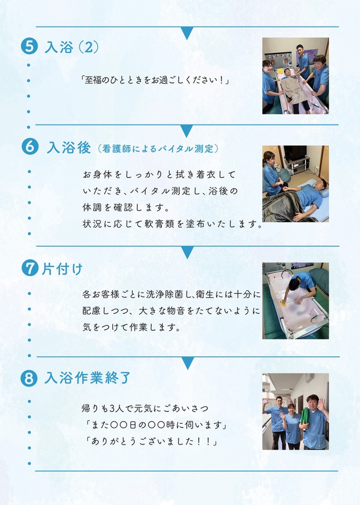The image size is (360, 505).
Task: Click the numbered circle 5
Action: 29,46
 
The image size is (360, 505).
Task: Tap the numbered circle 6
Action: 30,146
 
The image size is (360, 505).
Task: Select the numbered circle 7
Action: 30,268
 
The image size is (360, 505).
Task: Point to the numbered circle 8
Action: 29,378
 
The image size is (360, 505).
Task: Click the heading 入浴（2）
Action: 71,47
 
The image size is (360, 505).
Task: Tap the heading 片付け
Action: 62,269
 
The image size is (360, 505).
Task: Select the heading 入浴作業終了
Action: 87,377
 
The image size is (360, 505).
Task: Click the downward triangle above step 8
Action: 187,363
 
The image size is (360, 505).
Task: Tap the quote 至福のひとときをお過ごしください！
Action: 155,80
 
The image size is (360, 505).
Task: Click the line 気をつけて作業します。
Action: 131,327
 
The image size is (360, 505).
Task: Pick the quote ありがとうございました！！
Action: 151,441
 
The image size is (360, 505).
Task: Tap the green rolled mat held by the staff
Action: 304,417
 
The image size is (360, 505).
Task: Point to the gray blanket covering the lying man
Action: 284,206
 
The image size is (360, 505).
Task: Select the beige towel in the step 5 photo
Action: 294,90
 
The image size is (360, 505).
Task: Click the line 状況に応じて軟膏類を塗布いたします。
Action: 173,223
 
